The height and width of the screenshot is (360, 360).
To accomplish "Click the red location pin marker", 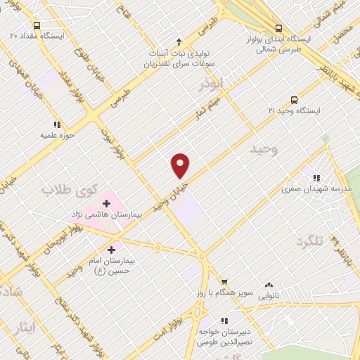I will (181, 165).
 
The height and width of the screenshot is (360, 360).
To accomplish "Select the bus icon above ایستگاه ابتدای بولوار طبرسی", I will (279, 29).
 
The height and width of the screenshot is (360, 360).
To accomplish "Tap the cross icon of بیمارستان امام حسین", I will (111, 248).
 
